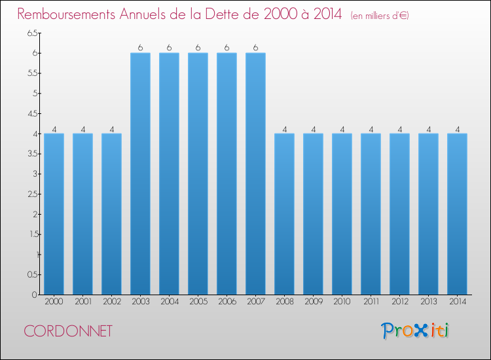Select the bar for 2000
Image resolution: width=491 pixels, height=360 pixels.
(54, 214)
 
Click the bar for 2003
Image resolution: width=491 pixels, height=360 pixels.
(140, 173)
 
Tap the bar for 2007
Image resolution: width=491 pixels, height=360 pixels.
(255, 173)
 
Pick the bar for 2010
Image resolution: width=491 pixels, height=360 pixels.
(342, 214)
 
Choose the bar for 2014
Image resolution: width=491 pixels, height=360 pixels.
(457, 214)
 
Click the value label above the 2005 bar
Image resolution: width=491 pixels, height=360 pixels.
(198, 48)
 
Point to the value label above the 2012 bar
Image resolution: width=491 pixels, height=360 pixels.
(400, 129)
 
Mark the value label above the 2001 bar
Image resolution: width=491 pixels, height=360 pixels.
(83, 129)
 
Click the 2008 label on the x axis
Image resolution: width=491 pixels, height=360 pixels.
(285, 302)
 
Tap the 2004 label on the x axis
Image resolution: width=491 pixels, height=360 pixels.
(170, 302)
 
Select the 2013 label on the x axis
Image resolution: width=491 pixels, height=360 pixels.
(428, 302)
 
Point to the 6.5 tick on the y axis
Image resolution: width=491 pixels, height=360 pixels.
(33, 33)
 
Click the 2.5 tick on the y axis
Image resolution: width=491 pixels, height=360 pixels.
(33, 194)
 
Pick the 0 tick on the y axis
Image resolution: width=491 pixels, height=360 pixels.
(35, 295)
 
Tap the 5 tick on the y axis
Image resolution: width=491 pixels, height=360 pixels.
(35, 94)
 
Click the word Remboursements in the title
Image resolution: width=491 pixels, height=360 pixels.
(66, 14)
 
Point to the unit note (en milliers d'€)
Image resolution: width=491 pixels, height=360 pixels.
(380, 16)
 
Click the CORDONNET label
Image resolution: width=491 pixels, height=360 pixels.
(68, 331)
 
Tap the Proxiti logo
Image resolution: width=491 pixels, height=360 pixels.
(415, 331)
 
